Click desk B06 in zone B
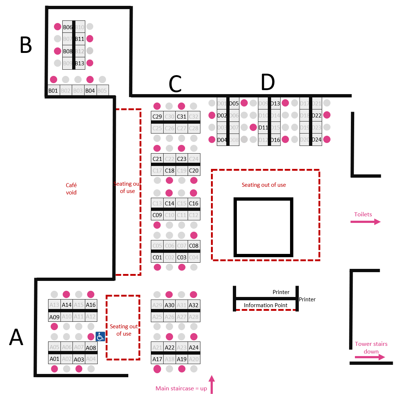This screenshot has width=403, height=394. (67, 27)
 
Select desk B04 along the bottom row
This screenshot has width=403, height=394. (90, 90)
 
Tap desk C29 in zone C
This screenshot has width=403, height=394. (157, 117)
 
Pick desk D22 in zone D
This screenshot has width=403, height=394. (317, 115)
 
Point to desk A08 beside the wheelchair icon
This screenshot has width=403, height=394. (91, 348)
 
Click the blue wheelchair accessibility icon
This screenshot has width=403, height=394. (101, 336)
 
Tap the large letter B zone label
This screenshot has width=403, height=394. (26, 46)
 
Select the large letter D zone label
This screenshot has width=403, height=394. (267, 82)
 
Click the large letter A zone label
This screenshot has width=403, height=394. (16, 337)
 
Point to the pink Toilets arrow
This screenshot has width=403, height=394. (365, 221)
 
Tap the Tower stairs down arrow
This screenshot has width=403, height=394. (370, 357)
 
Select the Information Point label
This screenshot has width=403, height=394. (266, 305)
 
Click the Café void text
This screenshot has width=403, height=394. (71, 189)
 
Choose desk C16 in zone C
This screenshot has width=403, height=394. (194, 203)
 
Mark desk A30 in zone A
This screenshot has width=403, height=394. (169, 305)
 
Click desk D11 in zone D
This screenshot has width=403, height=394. (263, 128)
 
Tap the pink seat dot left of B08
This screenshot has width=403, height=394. (57, 51)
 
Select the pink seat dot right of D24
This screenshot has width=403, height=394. (327, 139)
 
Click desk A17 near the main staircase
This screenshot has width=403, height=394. (157, 359)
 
